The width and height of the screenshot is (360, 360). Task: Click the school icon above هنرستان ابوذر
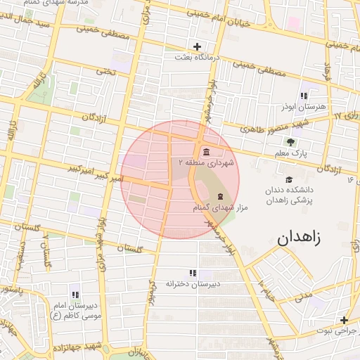click(x=304, y=95)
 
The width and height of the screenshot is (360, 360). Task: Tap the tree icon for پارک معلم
click(x=291, y=142)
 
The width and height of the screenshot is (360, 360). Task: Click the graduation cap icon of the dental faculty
click(x=289, y=179)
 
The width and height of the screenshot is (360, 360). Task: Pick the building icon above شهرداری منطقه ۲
click(x=205, y=153)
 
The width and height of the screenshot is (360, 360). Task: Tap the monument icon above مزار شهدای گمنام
click(x=220, y=195)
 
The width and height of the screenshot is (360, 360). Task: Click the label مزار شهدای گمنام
click(x=219, y=207)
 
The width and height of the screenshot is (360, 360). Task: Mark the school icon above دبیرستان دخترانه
click(x=193, y=273)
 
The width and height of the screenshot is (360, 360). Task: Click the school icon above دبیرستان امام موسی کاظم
click(x=75, y=294)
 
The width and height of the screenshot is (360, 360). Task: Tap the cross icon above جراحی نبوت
click(x=344, y=320)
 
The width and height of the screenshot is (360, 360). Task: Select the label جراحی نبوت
click(x=337, y=330)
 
